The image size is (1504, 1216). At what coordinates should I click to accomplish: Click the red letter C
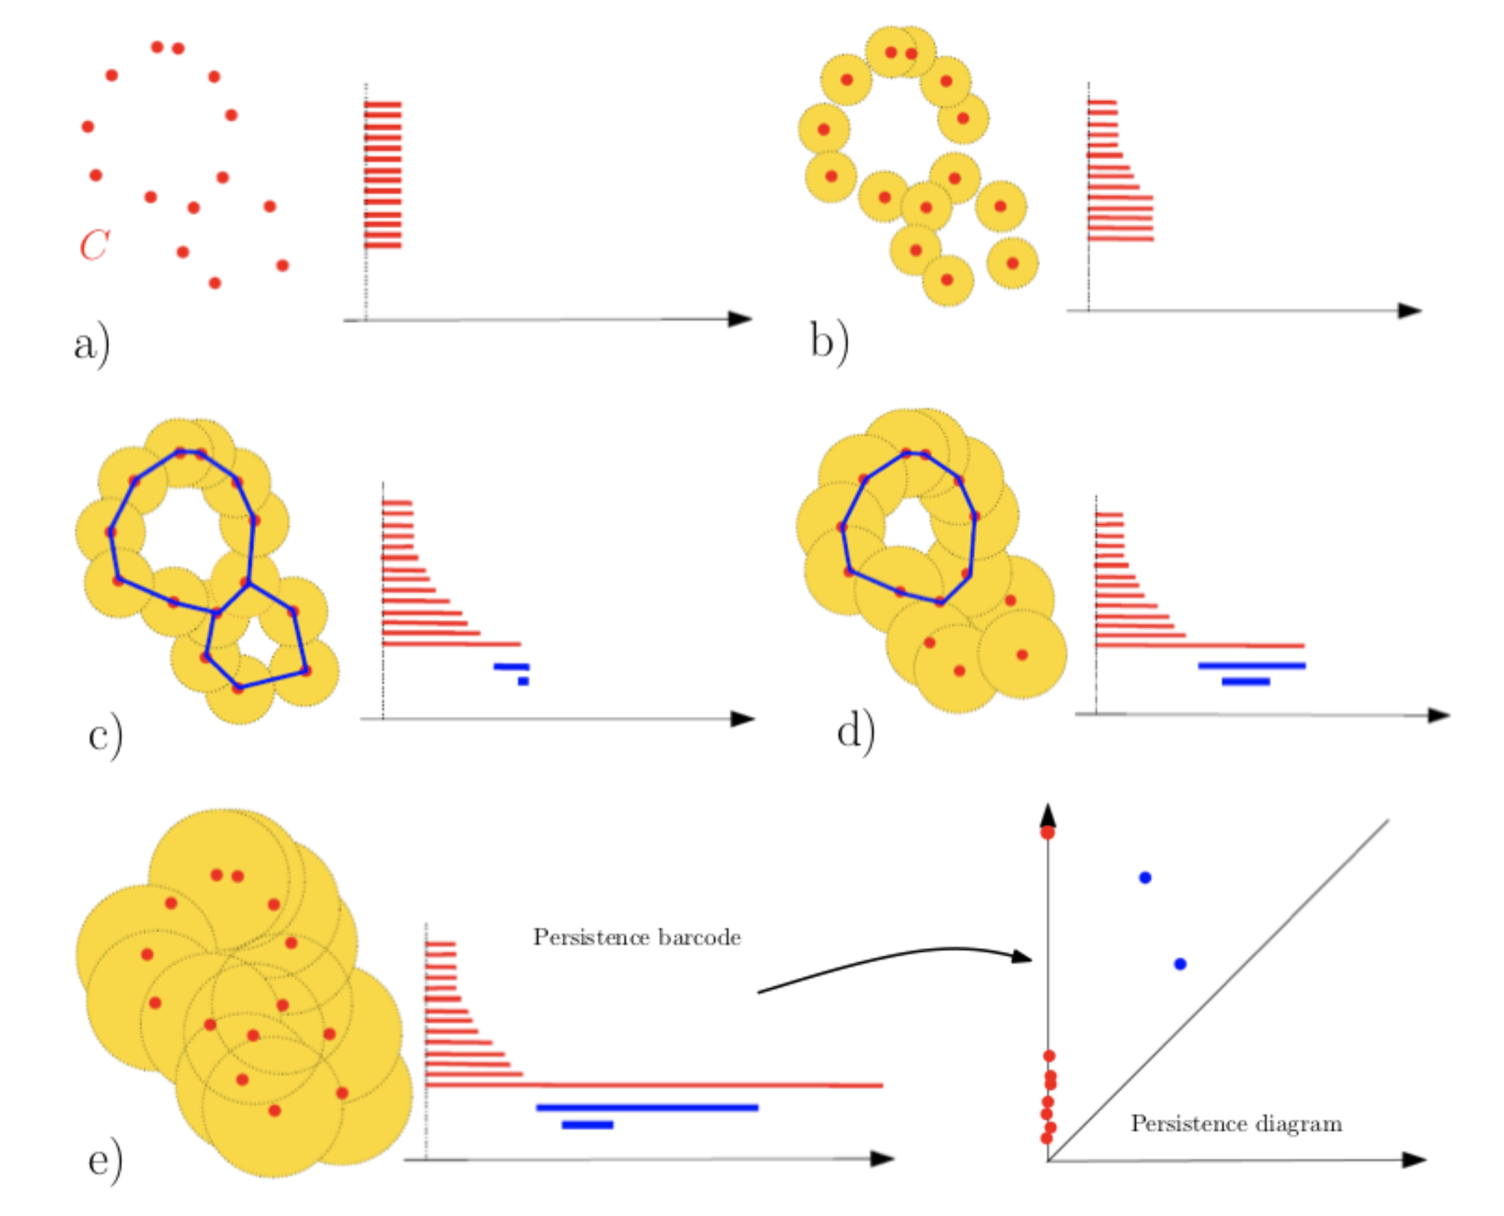coord(95,244)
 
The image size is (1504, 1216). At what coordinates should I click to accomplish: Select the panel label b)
coord(830,342)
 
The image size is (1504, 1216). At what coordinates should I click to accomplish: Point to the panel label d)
coord(855,731)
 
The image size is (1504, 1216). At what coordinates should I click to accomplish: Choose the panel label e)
coord(105,1161)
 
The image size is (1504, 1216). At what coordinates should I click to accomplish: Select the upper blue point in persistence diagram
coord(1145,878)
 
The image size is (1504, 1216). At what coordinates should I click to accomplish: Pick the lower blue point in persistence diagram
coord(1180,964)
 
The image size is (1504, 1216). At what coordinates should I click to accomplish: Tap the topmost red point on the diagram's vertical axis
coord(1047,832)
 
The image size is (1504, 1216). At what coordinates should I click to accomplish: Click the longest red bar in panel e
coord(654,1085)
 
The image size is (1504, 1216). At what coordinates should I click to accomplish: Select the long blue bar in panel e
coord(647,1108)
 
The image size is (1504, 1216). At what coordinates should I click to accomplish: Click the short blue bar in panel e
coord(587,1125)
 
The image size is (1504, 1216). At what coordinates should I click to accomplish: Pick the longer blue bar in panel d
coord(1252,666)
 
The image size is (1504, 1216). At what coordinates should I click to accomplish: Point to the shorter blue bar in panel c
coord(523,682)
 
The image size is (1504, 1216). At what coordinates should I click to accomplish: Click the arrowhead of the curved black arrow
coord(1022,957)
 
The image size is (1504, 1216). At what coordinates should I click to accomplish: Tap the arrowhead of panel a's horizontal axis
coord(740,319)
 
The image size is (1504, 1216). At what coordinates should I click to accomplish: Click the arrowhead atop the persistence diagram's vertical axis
coord(1048,815)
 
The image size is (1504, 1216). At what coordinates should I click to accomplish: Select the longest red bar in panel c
coord(452,644)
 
